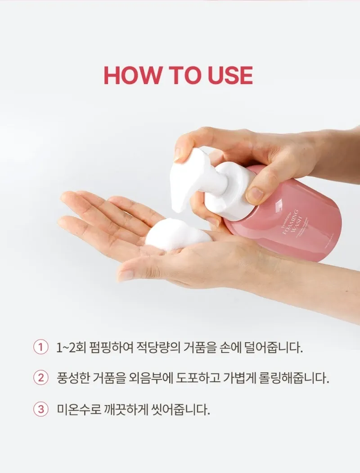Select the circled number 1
[41, 348]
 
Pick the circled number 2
[41, 378]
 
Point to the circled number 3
[41, 409]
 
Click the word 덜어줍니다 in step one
[273, 348]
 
